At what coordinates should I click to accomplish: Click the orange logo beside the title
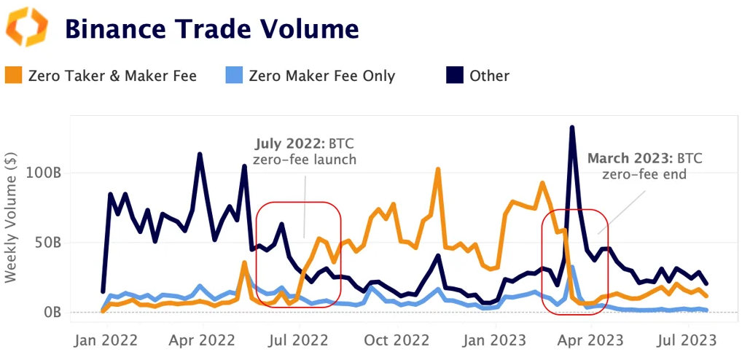27,27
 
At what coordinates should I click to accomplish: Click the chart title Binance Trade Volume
211,28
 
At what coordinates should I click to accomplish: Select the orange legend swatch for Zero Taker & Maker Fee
13,75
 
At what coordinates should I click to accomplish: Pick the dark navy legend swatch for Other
455,75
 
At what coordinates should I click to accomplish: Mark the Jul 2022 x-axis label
298,340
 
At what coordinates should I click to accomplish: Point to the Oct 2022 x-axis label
397,340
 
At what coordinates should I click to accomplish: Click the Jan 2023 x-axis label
496,340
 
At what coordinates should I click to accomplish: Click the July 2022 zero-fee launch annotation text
305,151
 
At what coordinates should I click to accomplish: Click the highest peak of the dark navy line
572,128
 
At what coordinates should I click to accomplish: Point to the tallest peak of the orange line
438,169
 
